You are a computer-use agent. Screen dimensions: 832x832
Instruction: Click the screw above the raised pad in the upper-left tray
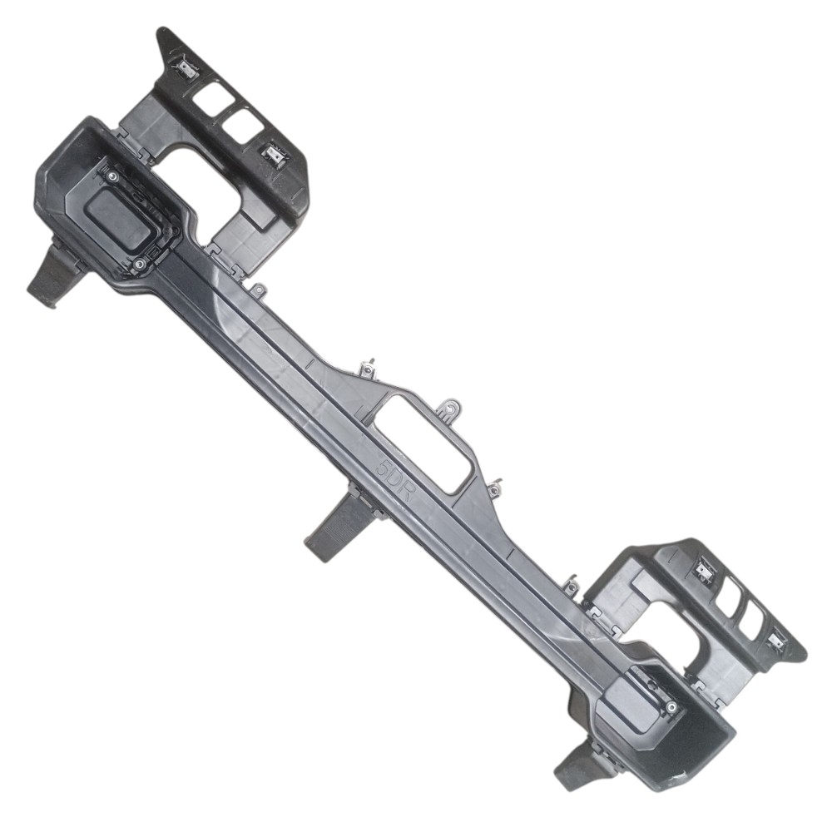(113, 178)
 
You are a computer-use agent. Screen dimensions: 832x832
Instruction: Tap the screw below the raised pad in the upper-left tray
(140, 263)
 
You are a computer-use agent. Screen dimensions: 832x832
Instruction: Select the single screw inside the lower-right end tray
(671, 706)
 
